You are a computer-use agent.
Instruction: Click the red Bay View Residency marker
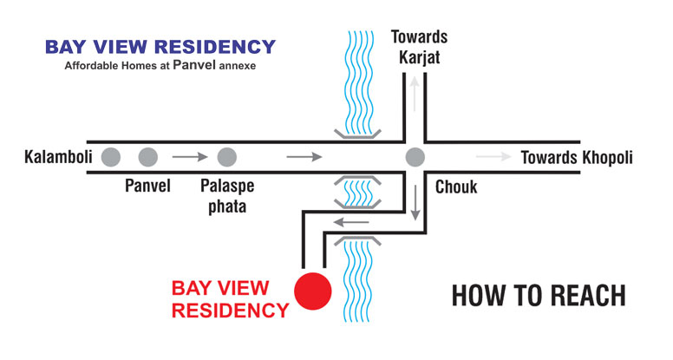pyautogui.click(x=313, y=291)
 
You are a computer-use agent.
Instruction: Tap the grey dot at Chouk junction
pyautogui.click(x=415, y=157)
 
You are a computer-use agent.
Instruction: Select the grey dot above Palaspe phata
pyautogui.click(x=227, y=157)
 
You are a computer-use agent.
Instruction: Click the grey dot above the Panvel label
pyautogui.click(x=148, y=157)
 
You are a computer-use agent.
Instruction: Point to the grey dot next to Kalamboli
pyautogui.click(x=111, y=157)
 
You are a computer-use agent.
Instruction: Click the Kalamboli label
pyautogui.click(x=58, y=157)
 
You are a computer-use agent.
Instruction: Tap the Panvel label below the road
pyautogui.click(x=147, y=186)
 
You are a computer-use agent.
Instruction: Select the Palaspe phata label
pyautogui.click(x=227, y=196)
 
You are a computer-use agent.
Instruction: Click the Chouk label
pyautogui.click(x=456, y=187)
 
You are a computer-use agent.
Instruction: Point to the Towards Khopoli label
pyautogui.click(x=577, y=158)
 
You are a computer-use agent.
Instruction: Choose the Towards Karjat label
pyautogui.click(x=420, y=47)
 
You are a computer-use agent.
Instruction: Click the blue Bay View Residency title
pyautogui.click(x=160, y=47)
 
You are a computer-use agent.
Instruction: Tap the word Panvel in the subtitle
pyautogui.click(x=194, y=65)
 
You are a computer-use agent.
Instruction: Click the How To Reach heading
pyautogui.click(x=539, y=296)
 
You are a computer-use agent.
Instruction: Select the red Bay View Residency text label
pyautogui.click(x=230, y=299)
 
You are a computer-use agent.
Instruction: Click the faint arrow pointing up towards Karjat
pyautogui.click(x=415, y=94)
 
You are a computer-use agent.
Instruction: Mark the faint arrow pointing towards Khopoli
pyautogui.click(x=493, y=157)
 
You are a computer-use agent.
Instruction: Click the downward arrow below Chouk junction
pyautogui.click(x=415, y=203)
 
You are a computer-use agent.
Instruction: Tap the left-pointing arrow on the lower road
pyautogui.click(x=351, y=222)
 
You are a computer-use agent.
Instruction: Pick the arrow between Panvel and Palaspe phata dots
pyautogui.click(x=190, y=157)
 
